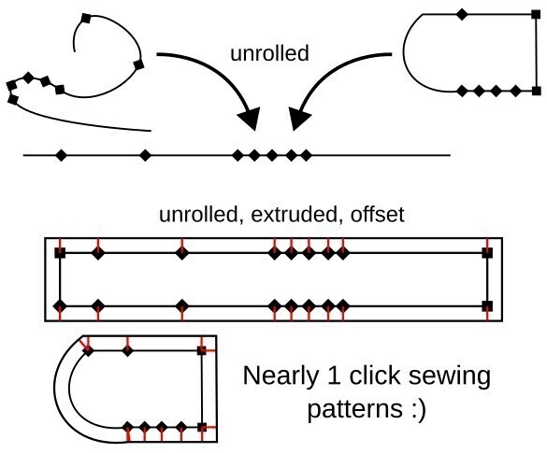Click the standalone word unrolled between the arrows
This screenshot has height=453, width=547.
[268, 53]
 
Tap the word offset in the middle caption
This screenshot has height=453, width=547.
[378, 215]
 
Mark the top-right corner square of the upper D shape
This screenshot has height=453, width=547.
[535, 14]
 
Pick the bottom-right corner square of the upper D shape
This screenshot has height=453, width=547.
[535, 91]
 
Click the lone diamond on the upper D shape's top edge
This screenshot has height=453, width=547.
[461, 14]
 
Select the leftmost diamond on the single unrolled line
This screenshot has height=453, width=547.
[62, 154]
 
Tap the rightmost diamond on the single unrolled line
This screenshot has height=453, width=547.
[303, 154]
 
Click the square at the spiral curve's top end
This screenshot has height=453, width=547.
[86, 18]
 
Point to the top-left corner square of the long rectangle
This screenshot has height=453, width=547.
[61, 253]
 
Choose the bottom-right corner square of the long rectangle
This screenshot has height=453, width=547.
[486, 305]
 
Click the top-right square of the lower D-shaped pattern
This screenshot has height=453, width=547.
[202, 351]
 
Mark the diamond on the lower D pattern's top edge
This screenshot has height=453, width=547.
[128, 351]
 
